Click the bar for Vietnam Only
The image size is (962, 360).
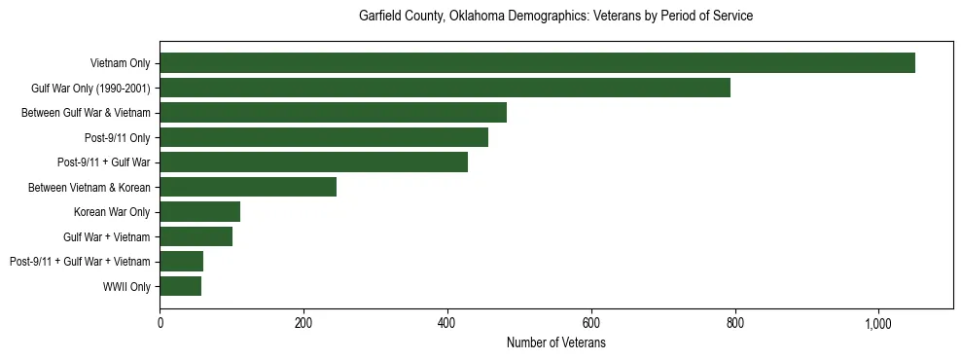pos(537,63)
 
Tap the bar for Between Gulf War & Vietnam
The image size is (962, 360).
pos(333,113)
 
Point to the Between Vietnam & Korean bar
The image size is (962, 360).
pos(248,187)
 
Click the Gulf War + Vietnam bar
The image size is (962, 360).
pos(196,236)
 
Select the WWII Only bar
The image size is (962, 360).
pos(180,286)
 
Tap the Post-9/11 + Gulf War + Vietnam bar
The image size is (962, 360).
pos(181,261)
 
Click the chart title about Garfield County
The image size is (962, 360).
pos(555,17)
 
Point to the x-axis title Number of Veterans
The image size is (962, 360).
pos(555,343)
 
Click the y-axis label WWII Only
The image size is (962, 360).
pos(126,286)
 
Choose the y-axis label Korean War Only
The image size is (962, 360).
pos(112,211)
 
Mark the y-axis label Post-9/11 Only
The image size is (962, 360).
pos(118,137)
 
